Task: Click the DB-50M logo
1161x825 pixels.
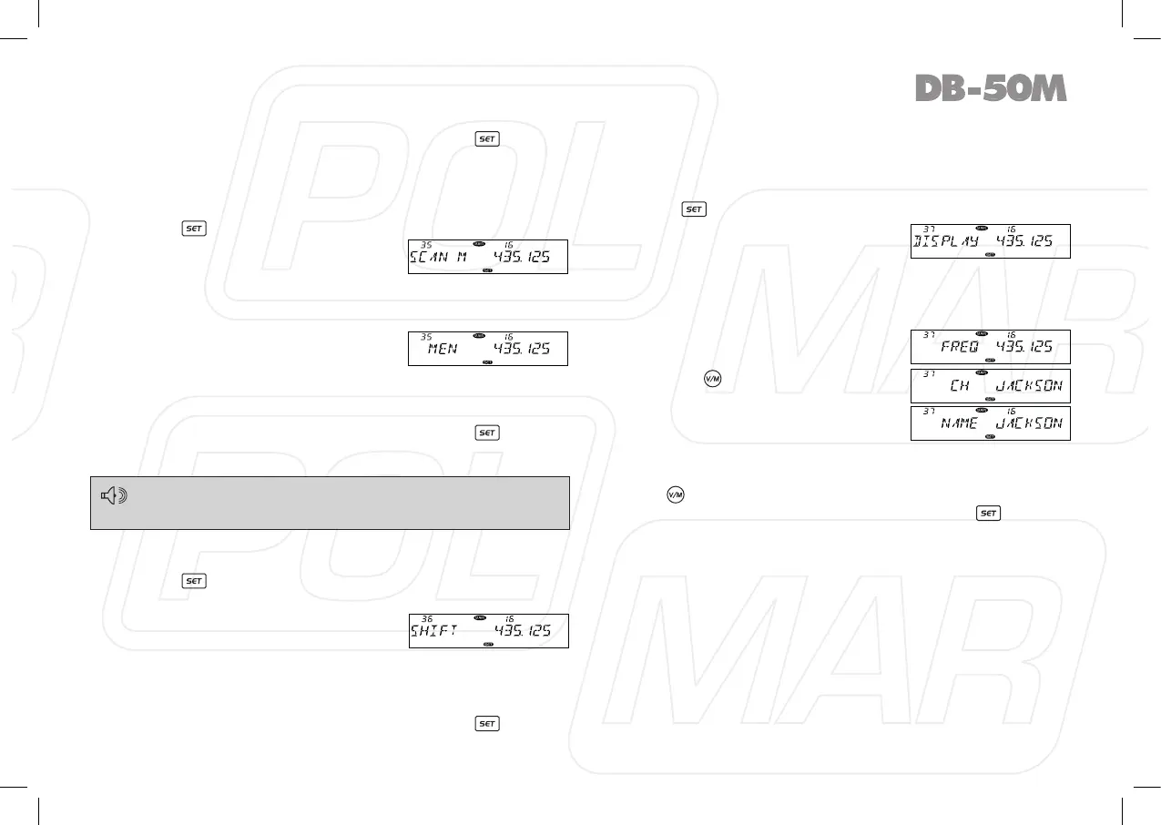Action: tap(990, 88)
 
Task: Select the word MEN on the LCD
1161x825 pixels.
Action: tap(443, 349)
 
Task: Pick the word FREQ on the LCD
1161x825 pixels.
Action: tap(960, 347)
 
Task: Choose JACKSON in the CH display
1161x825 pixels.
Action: tap(1029, 385)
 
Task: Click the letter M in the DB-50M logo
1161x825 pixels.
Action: tap(1046, 88)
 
